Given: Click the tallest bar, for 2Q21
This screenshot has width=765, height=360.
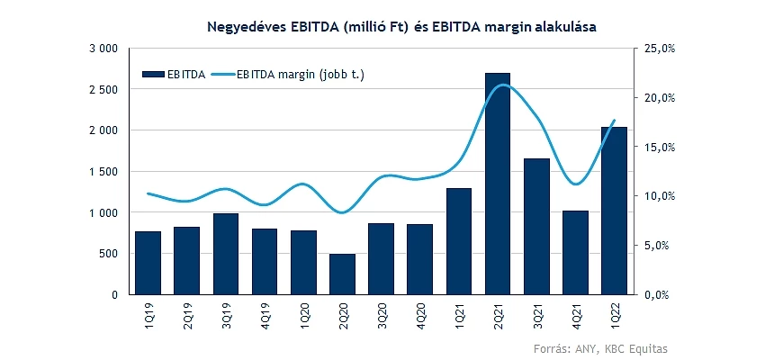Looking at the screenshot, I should point(498,184).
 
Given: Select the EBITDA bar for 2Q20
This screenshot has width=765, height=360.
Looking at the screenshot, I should point(342,274).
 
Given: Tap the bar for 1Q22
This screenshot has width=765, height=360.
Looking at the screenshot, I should point(614,211).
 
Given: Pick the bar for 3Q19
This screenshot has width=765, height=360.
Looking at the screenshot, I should point(226,254).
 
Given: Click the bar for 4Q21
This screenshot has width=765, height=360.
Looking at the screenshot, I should point(575,252).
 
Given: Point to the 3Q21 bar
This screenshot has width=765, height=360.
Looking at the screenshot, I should point(536,226).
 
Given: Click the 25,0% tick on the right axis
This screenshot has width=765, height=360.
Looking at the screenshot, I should point(661,49).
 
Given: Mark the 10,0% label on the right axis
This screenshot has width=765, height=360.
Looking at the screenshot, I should point(661,196).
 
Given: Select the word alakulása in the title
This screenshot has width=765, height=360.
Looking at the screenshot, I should point(566,27).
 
